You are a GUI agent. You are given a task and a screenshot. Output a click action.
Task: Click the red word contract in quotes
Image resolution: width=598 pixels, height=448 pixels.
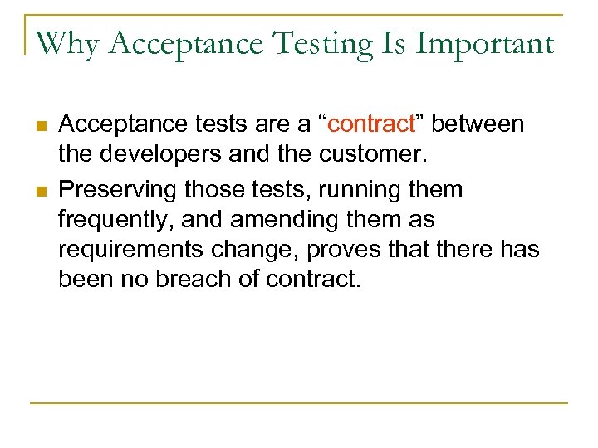[x=370, y=124]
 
